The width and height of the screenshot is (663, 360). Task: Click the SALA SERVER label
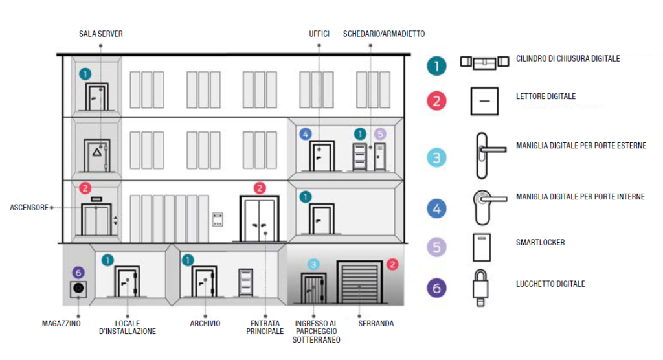[x=100, y=34]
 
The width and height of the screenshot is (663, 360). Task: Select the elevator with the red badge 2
[x=96, y=219]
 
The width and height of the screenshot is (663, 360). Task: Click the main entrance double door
[x=260, y=218]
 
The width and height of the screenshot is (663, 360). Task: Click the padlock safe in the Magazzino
[x=79, y=289]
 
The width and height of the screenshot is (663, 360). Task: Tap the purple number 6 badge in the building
[x=78, y=273]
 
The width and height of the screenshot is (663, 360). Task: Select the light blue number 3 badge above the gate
[x=313, y=264]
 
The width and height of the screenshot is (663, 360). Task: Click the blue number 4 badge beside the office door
[x=306, y=134]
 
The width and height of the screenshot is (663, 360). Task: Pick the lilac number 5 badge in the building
[x=380, y=134]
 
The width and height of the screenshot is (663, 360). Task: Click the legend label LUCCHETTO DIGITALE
[x=550, y=284]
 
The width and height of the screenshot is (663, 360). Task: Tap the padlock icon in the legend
[x=480, y=286]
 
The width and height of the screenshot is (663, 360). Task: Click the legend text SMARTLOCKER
[x=541, y=242]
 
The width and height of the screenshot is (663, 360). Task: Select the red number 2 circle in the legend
[x=437, y=101]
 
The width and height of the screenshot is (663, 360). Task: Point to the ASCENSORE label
[x=29, y=208]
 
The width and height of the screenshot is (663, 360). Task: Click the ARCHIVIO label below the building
[x=205, y=323]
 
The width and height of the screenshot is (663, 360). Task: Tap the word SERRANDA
[x=376, y=323]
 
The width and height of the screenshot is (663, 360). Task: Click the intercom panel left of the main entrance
[x=219, y=219]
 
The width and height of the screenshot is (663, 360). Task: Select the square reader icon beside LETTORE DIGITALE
[x=483, y=100]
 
